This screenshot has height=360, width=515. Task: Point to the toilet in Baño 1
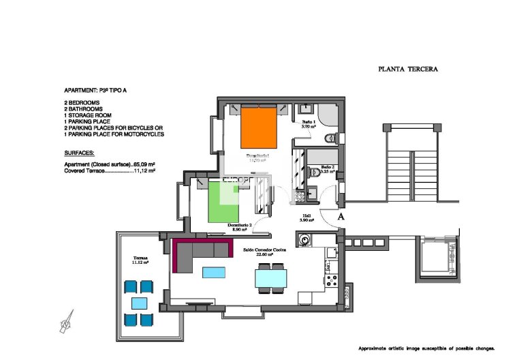point(330,138)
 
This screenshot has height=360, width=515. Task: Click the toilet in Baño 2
point(315,173)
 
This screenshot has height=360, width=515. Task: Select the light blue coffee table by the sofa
point(213,273)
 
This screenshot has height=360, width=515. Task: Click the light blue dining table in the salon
point(270,279)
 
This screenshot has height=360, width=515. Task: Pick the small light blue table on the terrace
point(139,303)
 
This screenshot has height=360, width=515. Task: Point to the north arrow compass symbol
point(67,319)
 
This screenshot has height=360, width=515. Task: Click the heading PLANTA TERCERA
point(407,69)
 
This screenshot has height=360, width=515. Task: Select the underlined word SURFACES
point(80,153)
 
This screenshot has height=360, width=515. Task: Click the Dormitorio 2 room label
point(242,227)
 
